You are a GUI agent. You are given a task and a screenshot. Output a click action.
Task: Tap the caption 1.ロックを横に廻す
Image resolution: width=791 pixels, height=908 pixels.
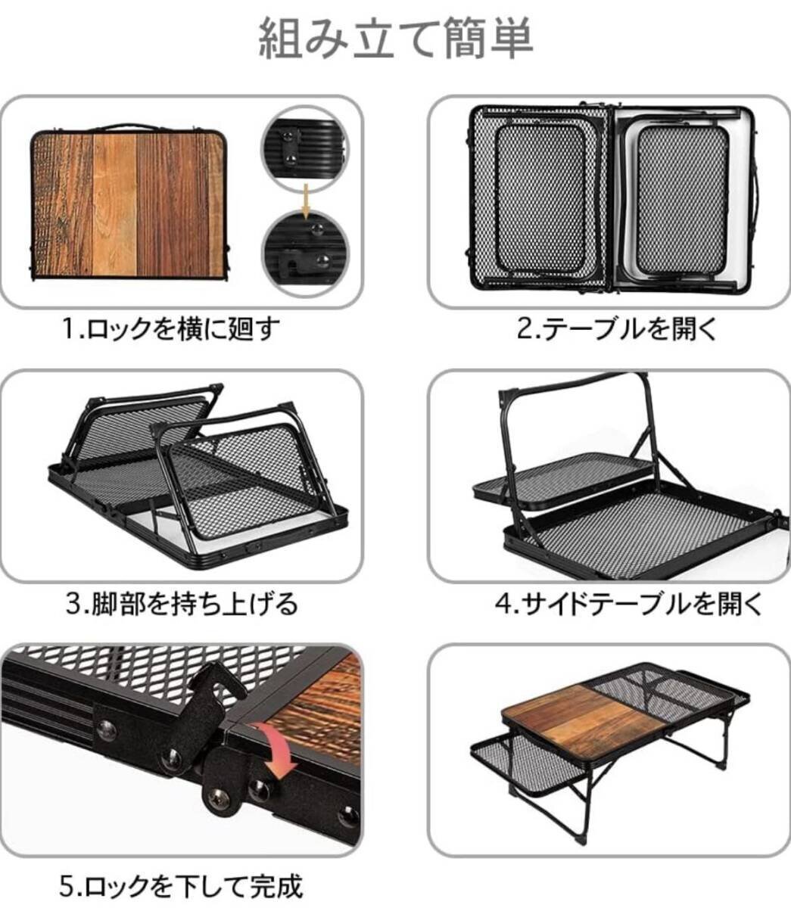(x=170, y=330)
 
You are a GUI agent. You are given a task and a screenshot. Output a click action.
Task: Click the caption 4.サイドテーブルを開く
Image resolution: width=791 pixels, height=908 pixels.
(x=628, y=603)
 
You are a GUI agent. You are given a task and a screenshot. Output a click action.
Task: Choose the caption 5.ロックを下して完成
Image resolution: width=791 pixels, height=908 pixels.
(x=182, y=884)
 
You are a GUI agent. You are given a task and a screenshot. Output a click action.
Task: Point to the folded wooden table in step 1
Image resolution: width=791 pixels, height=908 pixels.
(x=130, y=204)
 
